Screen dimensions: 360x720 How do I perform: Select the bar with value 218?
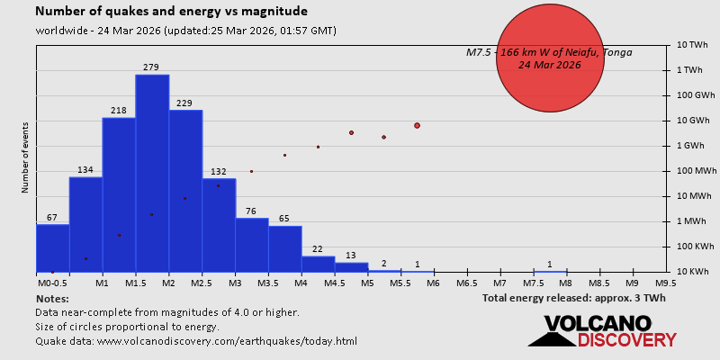(x=119, y=194)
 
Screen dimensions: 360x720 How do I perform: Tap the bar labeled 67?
(x=52, y=247)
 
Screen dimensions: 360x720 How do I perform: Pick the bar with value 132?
(x=219, y=225)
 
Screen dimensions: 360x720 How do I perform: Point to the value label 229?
(x=185, y=103)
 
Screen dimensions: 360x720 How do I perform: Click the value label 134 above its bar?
(x=85, y=170)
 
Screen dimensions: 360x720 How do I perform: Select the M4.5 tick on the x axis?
(x=334, y=283)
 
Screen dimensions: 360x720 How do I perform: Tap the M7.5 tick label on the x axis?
(x=533, y=283)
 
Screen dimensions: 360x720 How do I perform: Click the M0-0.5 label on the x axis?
(x=52, y=283)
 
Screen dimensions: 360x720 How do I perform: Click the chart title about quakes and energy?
(x=171, y=12)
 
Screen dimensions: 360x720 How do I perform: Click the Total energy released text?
(x=573, y=298)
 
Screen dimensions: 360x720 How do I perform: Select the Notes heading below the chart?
(x=52, y=298)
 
